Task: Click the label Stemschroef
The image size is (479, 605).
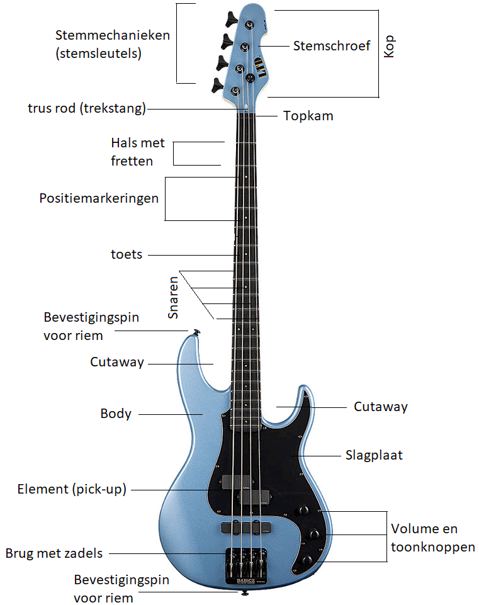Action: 332,45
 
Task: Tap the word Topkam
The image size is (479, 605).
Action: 308,116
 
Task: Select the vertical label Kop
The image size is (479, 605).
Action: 390,47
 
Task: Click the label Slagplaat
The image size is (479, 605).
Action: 374,455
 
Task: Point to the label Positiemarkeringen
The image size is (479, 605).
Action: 99,198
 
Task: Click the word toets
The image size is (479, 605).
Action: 127,254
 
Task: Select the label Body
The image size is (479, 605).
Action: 116,414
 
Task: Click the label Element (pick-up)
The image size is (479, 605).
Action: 72,489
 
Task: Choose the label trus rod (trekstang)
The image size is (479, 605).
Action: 87,108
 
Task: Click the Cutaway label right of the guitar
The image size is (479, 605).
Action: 380,407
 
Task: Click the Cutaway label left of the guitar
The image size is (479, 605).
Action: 117,362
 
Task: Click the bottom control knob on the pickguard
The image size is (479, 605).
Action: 308,560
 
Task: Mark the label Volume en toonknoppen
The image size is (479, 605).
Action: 432,538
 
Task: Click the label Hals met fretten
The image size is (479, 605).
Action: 137,152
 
